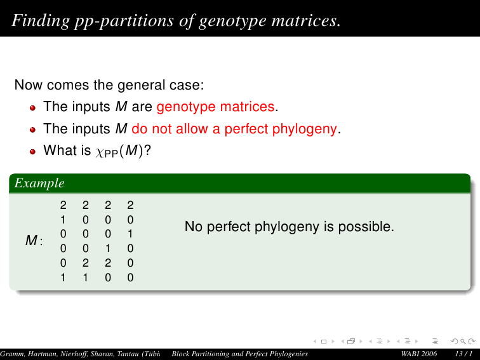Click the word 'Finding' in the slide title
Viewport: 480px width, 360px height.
click(41, 20)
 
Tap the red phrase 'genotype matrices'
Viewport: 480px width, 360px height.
click(215, 107)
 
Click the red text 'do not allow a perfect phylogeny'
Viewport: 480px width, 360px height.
click(234, 128)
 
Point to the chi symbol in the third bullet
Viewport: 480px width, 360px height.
click(100, 152)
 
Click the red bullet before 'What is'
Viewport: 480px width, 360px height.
click(33, 151)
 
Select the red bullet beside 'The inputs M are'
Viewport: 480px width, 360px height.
click(33, 107)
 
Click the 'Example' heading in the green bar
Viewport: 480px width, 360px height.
click(39, 183)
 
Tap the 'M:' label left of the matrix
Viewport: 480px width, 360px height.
click(34, 240)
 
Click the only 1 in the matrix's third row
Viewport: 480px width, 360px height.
click(130, 234)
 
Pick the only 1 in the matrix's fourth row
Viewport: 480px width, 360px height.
click(108, 248)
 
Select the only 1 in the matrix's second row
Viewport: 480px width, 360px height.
click(63, 220)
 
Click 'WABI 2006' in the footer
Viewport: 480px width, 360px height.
click(419, 354)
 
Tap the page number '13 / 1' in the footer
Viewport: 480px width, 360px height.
click(463, 354)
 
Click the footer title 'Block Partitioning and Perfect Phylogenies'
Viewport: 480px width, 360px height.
click(240, 354)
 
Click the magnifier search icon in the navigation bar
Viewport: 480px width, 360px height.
click(463, 342)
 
